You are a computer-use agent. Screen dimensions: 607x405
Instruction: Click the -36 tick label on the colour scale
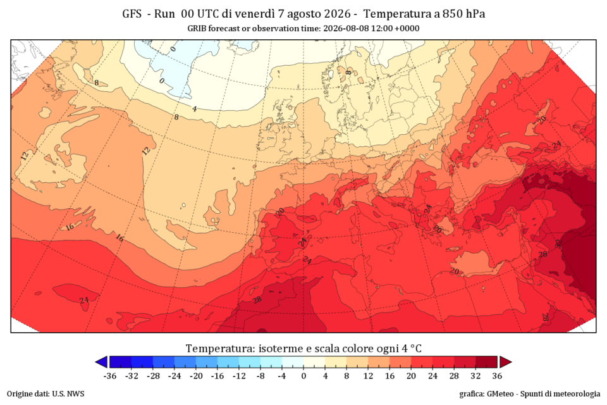[110, 376]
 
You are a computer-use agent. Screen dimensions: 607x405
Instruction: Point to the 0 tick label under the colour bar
[304, 376]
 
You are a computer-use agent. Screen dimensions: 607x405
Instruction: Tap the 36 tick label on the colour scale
[497, 376]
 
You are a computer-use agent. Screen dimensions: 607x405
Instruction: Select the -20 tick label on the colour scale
[196, 376]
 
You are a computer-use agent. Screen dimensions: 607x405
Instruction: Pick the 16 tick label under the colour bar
[390, 376]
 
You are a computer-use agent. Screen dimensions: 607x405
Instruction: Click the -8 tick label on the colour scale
[261, 376]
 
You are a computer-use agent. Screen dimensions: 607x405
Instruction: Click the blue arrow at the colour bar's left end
[101, 362]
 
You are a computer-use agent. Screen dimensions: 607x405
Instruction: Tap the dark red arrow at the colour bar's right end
[506, 362]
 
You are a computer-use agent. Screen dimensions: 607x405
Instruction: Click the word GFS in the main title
[132, 14]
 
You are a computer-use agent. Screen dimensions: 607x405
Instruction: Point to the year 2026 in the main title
[337, 14]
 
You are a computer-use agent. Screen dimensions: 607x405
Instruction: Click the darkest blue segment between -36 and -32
[121, 362]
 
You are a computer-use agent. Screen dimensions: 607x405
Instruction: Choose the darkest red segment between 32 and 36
[486, 362]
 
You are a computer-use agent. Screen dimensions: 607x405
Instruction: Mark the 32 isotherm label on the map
[558, 244]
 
